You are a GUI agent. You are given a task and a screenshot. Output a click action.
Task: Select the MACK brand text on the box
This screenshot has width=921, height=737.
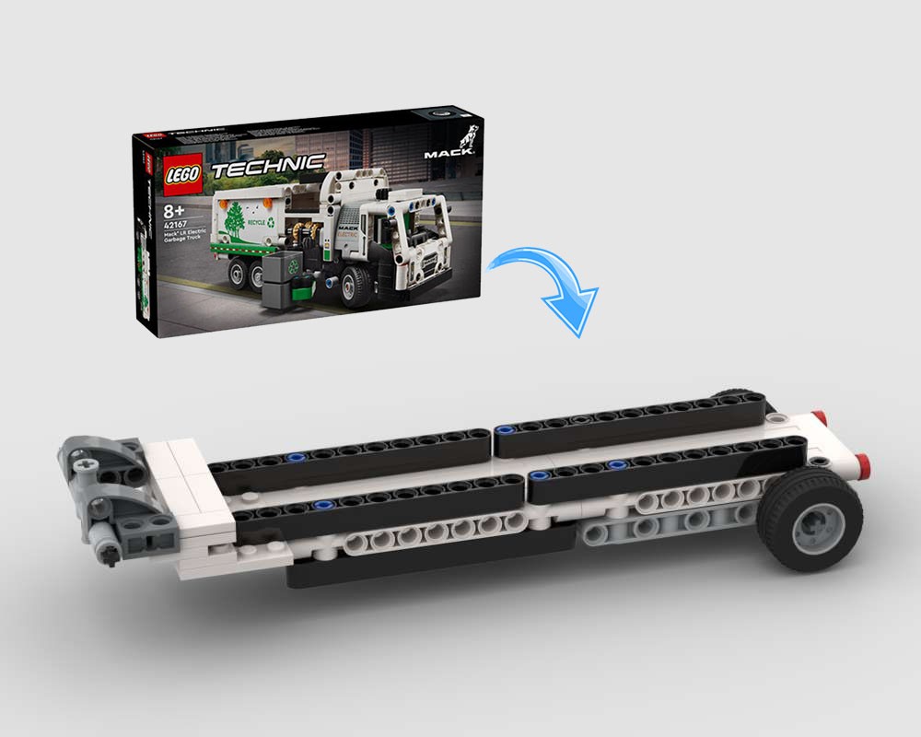(x=449, y=154)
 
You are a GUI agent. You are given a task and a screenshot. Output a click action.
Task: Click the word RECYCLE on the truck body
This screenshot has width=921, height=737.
(x=257, y=224)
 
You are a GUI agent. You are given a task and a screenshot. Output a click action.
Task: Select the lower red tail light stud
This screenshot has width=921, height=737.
(x=864, y=461)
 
